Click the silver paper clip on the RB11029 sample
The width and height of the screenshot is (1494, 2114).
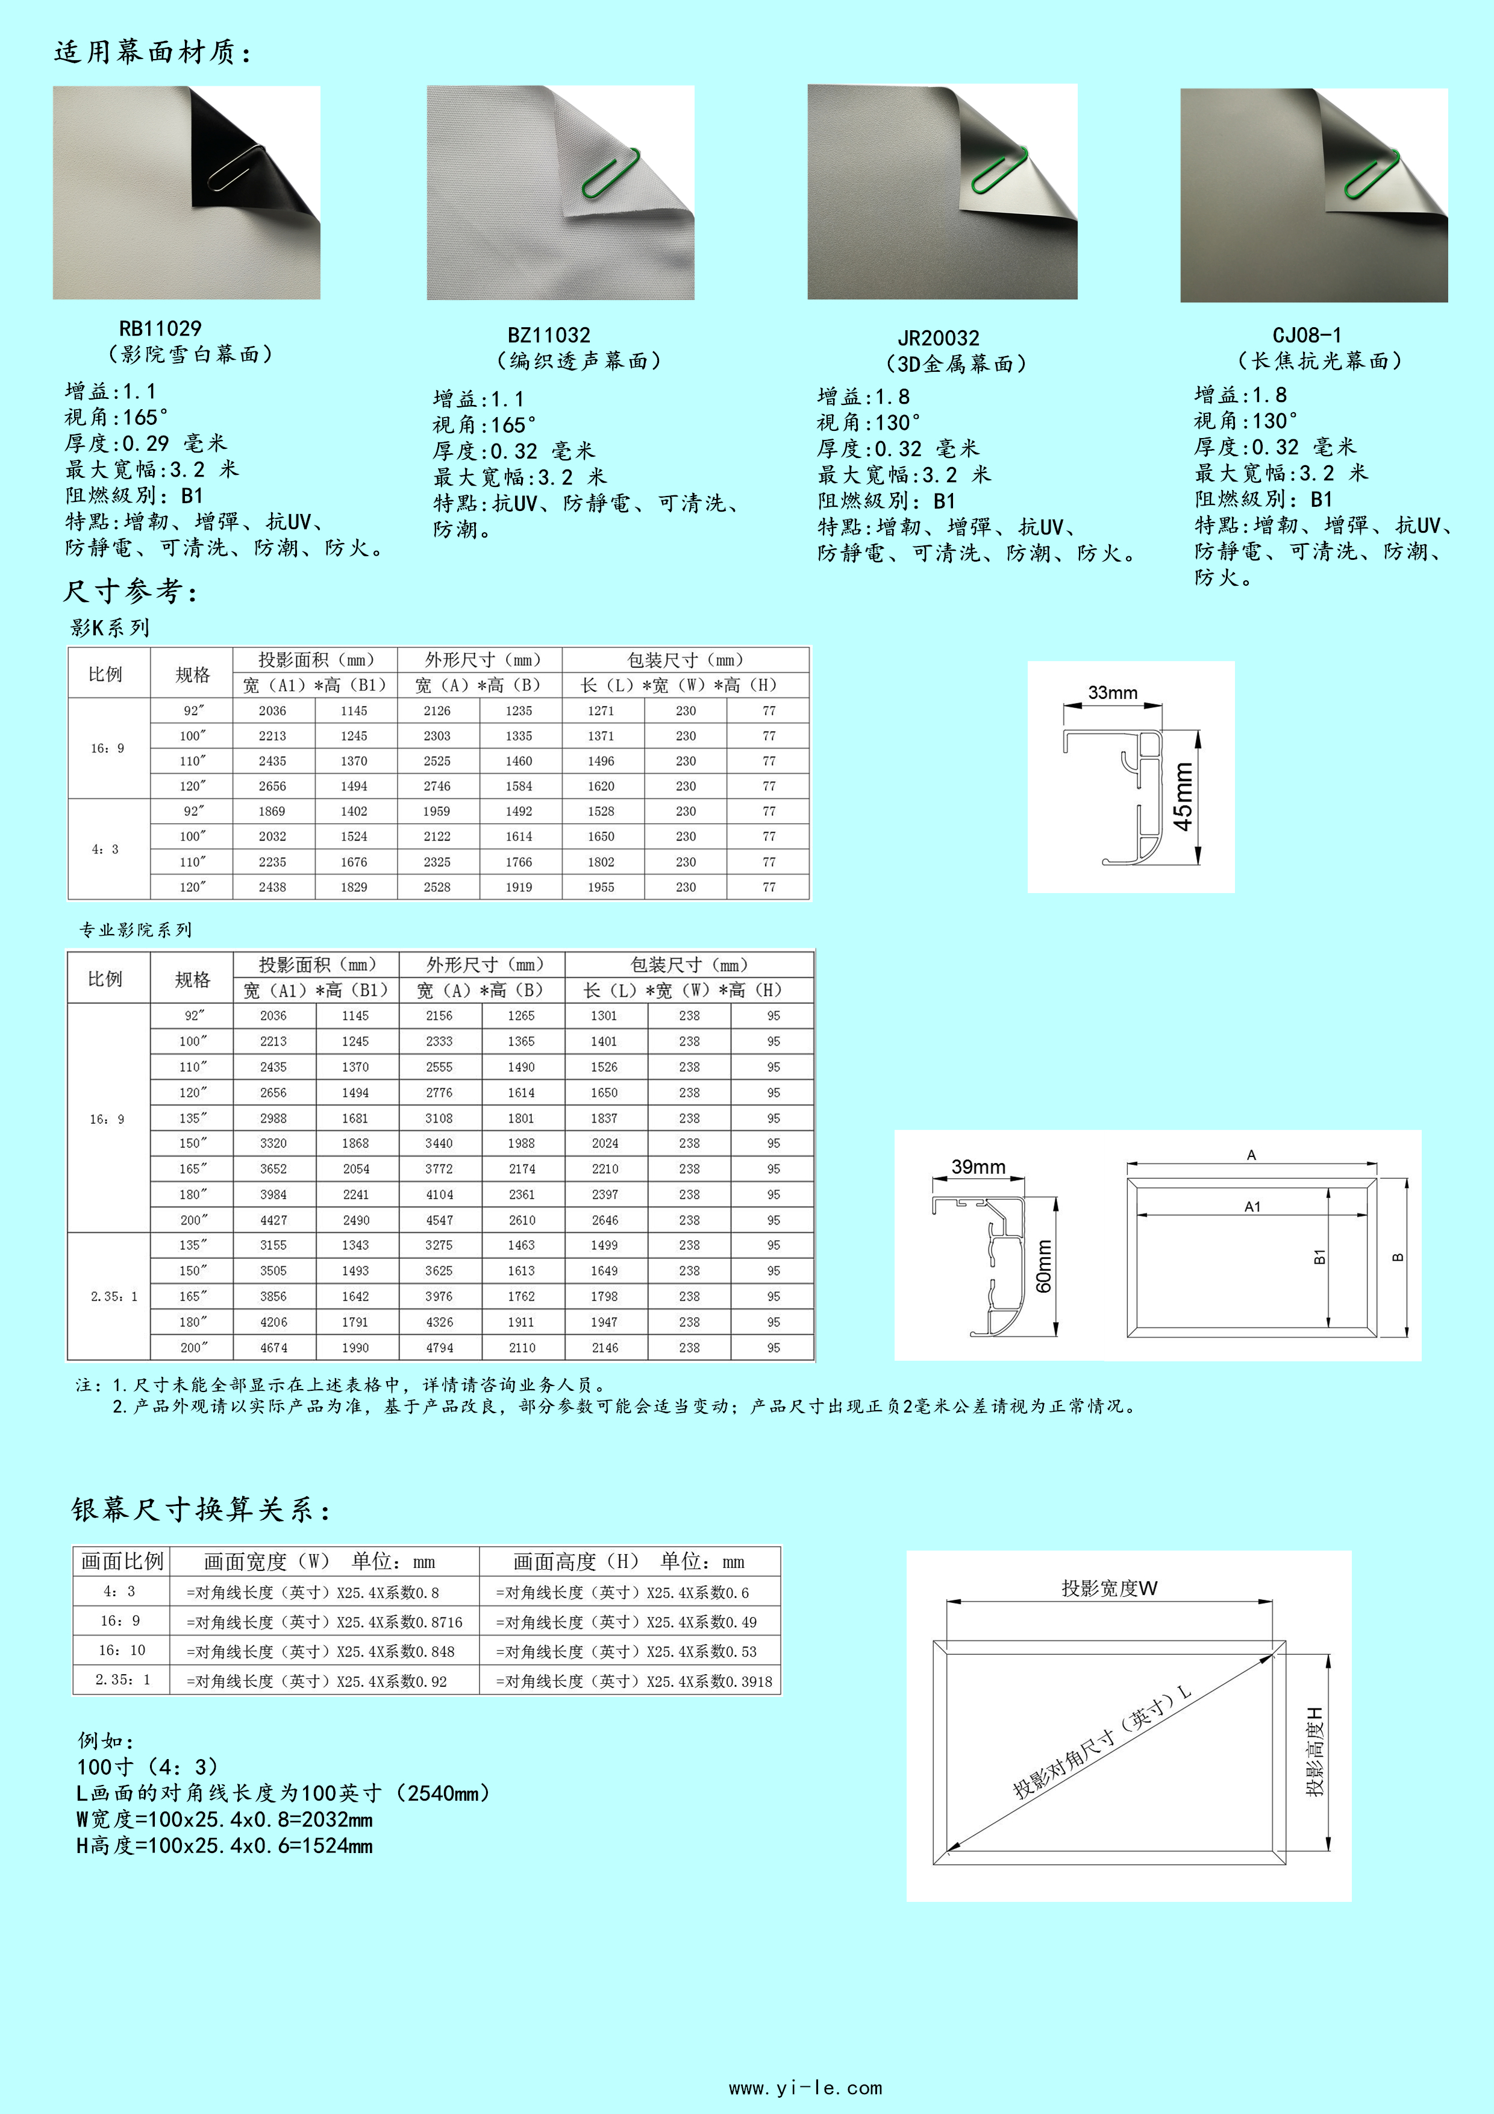[236, 169]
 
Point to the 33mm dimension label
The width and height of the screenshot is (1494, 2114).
[1112, 692]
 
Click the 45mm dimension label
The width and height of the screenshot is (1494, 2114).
[1183, 797]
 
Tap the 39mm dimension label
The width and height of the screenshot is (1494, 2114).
[978, 1167]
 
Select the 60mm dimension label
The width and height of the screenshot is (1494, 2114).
[1044, 1266]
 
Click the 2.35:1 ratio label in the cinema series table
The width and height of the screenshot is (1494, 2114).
[113, 1296]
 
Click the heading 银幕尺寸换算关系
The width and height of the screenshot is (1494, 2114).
[200, 1510]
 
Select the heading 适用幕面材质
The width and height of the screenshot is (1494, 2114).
[152, 52]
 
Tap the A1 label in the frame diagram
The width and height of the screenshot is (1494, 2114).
[1252, 1206]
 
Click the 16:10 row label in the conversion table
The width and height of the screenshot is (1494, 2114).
[122, 1651]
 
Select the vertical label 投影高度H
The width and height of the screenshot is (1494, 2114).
[1316, 1750]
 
